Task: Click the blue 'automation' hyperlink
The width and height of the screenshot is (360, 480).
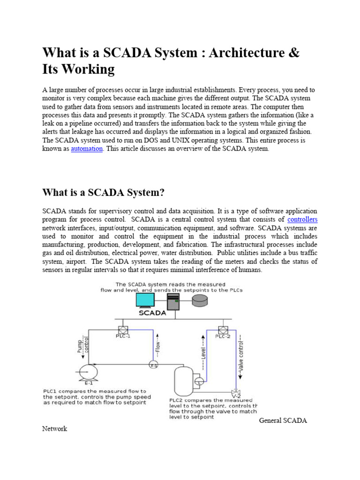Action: point(87,149)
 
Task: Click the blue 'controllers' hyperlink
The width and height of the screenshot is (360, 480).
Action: point(302,219)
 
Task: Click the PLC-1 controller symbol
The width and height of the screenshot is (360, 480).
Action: point(123,330)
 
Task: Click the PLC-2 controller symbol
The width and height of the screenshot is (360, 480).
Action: point(223,330)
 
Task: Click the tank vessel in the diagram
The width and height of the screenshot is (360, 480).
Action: point(183,381)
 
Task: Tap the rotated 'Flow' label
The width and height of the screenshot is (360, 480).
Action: point(158,346)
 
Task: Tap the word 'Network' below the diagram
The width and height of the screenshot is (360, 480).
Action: point(54,428)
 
